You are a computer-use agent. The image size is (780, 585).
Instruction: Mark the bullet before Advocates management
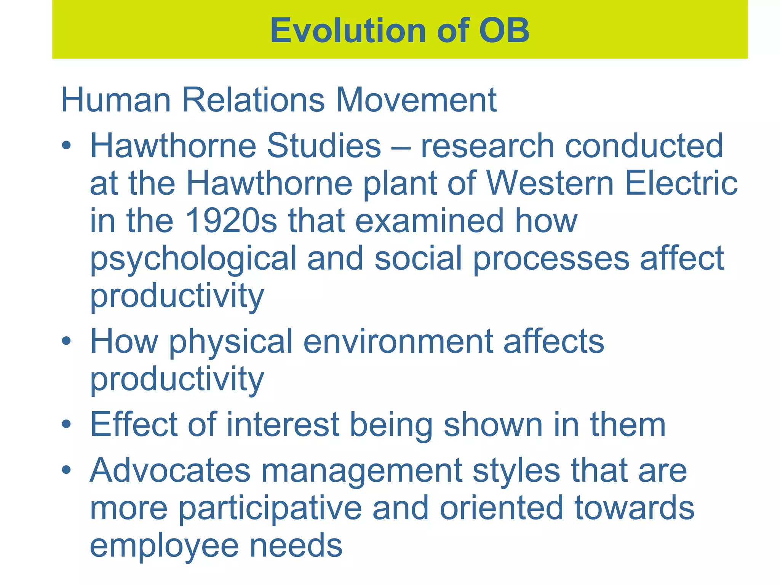click(66, 470)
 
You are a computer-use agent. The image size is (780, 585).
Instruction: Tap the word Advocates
click(170, 470)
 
